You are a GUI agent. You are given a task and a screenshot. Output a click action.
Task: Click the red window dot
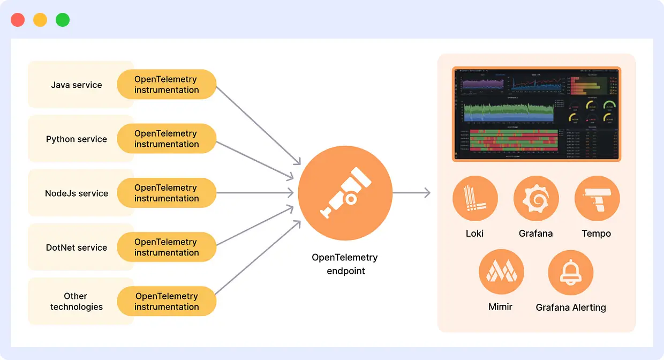pyautogui.click(x=18, y=20)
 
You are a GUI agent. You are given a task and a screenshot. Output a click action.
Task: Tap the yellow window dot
pyautogui.click(x=40, y=20)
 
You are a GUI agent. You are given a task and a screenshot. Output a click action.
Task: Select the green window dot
pyautogui.click(x=63, y=20)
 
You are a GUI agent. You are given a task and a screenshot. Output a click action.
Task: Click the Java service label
pyautogui.click(x=77, y=85)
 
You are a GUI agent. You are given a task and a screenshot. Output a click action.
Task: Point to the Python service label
pyautogui.click(x=77, y=139)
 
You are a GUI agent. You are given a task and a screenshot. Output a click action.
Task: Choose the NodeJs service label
pyautogui.click(x=77, y=193)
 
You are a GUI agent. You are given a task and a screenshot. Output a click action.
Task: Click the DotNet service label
pyautogui.click(x=77, y=247)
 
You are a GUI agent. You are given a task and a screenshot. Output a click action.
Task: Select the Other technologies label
pyautogui.click(x=77, y=301)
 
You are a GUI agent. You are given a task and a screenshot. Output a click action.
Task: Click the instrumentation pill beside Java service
pyautogui.click(x=167, y=85)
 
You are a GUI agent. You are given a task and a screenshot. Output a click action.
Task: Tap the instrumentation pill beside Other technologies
pyautogui.click(x=167, y=301)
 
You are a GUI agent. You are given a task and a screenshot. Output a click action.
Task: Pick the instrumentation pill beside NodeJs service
pyautogui.click(x=167, y=193)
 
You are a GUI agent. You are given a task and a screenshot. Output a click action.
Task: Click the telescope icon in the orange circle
pyautogui.click(x=345, y=193)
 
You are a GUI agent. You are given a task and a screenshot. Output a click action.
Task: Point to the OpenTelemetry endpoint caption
pyautogui.click(x=345, y=264)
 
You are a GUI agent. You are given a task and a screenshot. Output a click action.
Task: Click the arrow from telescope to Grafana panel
pyautogui.click(x=411, y=193)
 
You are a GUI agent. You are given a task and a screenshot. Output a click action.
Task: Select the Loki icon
pyautogui.click(x=475, y=199)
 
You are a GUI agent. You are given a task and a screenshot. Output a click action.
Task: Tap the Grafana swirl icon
pyautogui.click(x=535, y=199)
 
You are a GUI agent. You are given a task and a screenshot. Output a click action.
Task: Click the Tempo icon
pyautogui.click(x=597, y=199)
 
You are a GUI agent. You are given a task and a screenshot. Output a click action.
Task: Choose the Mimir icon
pyautogui.click(x=501, y=273)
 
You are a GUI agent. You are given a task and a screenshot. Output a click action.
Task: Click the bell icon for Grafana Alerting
pyautogui.click(x=570, y=273)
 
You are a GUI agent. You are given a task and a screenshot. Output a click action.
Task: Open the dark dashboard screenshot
pyautogui.click(x=536, y=114)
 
